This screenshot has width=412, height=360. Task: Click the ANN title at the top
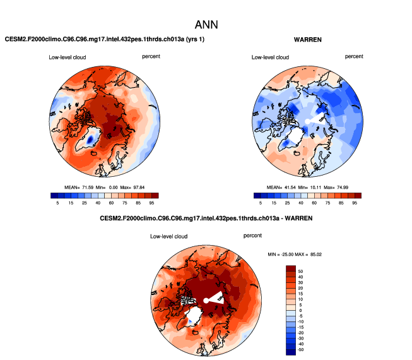coord(206,25)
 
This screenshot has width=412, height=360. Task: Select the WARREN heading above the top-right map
coord(308,40)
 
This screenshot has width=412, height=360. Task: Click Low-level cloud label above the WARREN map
coord(270,57)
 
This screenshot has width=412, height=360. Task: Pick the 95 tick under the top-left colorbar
coord(153,203)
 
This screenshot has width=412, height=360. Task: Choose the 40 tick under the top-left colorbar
coord(99,203)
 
